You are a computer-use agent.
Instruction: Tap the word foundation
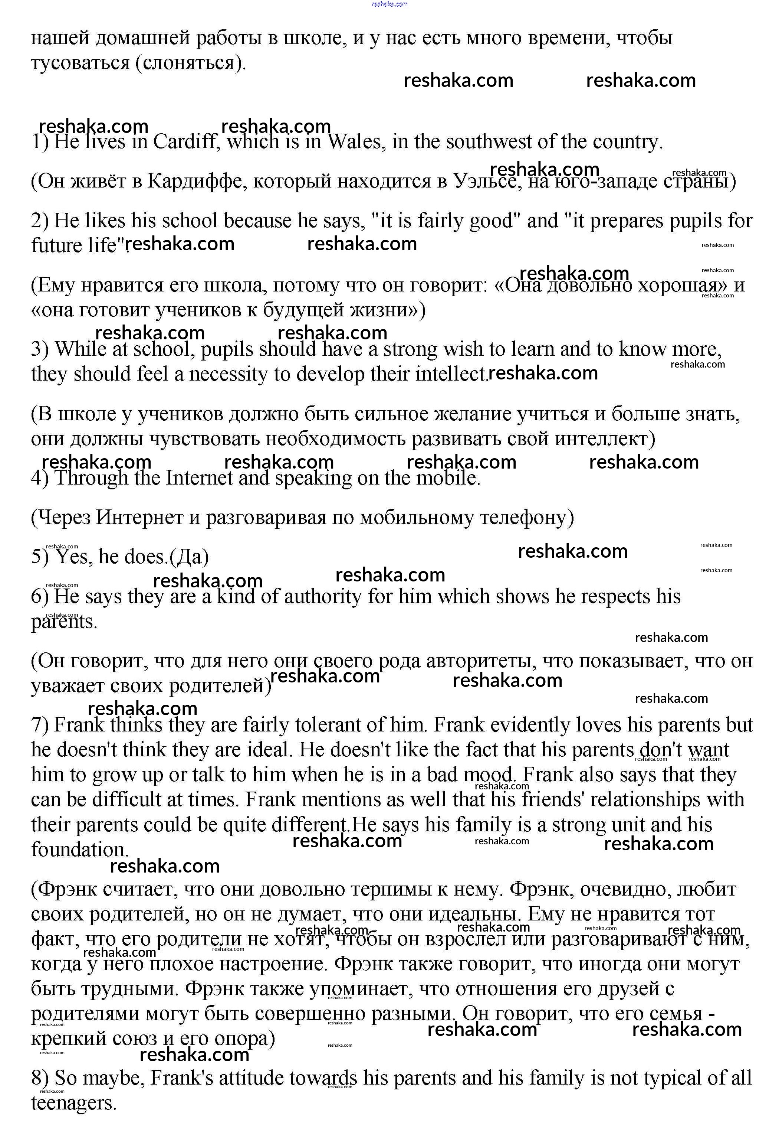pyautogui.click(x=79, y=850)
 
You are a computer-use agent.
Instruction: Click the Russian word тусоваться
pyautogui.click(x=80, y=63)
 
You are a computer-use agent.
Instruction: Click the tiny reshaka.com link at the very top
pyautogui.click(x=389, y=4)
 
